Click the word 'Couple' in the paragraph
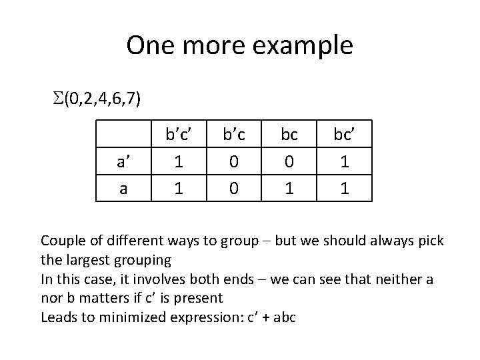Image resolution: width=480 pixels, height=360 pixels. pyautogui.click(x=62, y=239)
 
